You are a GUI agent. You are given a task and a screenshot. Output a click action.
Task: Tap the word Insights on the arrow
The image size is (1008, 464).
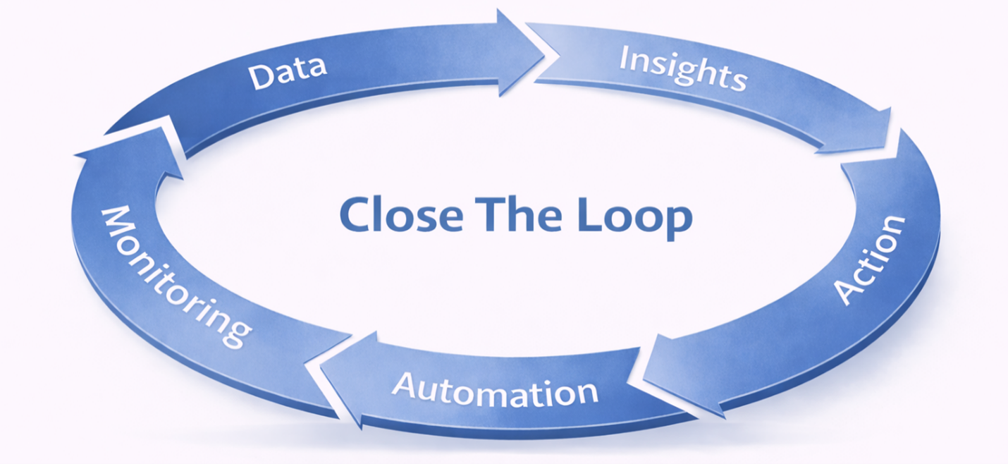[682, 69]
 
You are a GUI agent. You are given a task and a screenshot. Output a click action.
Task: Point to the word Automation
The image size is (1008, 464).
[495, 389]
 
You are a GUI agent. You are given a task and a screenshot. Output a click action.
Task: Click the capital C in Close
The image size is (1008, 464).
[355, 214]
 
